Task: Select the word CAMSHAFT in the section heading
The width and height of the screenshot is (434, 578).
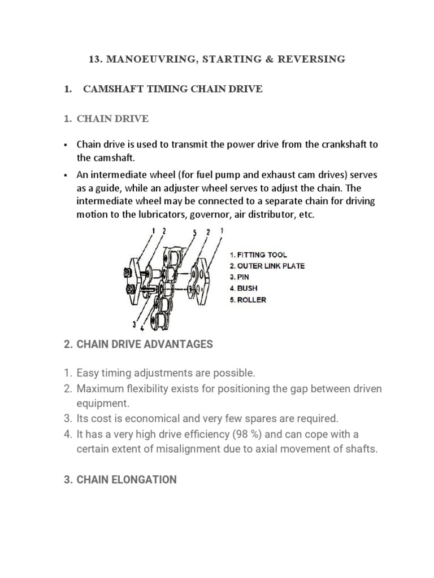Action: click(x=110, y=89)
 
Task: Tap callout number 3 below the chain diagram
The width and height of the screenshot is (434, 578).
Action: click(x=134, y=323)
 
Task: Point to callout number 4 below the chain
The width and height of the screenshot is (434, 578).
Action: click(x=141, y=327)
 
